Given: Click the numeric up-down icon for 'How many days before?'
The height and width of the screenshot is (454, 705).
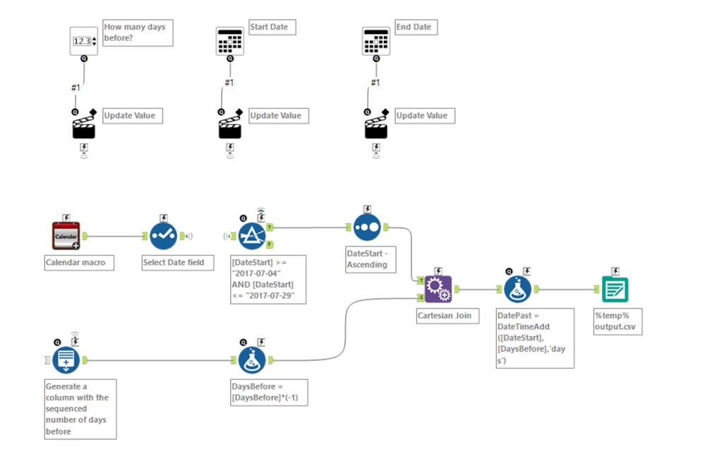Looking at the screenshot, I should click(84, 41).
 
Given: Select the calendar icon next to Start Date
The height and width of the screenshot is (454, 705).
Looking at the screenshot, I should click(230, 42).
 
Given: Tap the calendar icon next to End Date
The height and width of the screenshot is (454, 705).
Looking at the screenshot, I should click(376, 42).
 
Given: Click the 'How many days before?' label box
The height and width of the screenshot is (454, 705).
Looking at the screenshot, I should click(138, 32).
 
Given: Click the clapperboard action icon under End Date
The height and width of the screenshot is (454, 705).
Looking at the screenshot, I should click(376, 127).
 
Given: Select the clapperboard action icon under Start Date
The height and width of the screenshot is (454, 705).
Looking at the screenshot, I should click(230, 127).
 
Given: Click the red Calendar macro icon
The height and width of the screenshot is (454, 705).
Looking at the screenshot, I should click(66, 236).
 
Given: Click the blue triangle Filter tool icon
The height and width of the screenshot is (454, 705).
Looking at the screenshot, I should click(252, 236).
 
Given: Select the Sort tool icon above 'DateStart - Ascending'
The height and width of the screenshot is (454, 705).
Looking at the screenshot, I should click(367, 228).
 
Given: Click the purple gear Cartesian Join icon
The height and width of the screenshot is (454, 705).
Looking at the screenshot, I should click(438, 288).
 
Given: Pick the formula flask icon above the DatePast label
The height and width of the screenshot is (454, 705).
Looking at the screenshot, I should click(518, 289).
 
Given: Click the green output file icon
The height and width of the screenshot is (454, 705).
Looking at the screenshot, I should click(615, 289).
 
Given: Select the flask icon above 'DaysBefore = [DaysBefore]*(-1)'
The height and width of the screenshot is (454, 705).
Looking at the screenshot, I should click(252, 360).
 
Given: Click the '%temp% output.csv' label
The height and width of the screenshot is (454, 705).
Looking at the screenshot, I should click(617, 321).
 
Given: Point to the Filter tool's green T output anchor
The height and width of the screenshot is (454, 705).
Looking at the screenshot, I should click(270, 228).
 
